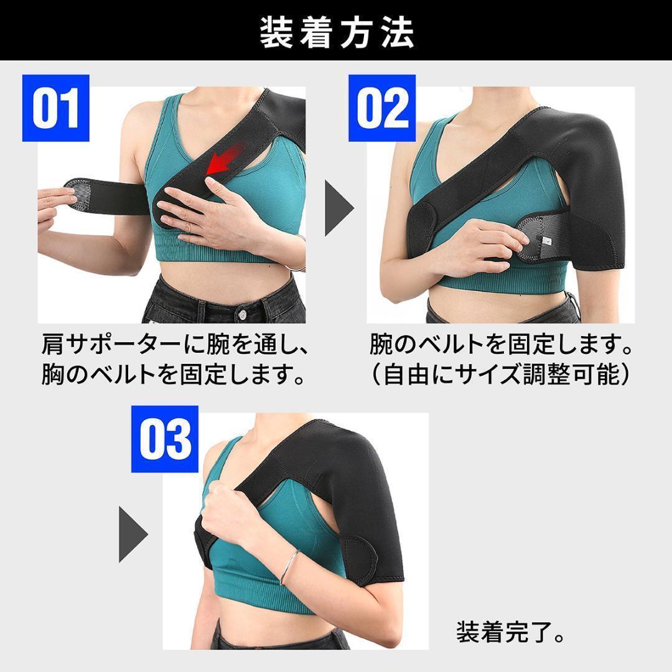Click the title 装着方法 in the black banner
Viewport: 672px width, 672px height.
tap(336, 32)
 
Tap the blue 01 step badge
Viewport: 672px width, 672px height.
tap(56, 108)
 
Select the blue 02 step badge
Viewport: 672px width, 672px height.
tap(381, 108)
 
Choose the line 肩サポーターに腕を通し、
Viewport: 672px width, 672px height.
tap(175, 344)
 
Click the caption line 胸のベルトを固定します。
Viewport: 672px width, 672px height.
tap(175, 375)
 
